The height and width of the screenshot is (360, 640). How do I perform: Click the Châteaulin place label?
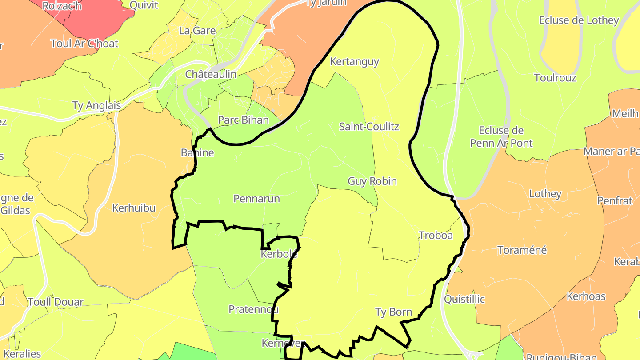211,74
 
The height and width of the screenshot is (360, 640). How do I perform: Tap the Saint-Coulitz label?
369,127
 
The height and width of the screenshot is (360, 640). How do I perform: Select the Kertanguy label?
354,61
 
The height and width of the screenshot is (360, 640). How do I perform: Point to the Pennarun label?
257,198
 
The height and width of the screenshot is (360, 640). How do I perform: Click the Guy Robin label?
372,181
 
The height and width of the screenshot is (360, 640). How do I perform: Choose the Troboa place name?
436,235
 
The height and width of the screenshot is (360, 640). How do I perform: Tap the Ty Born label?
394,312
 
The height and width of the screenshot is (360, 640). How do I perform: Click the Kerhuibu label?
134,208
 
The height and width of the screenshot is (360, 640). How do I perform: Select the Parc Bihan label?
243,120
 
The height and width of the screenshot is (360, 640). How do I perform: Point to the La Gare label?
197,31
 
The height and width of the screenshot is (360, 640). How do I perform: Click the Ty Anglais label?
96,106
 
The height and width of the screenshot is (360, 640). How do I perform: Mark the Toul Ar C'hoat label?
84,44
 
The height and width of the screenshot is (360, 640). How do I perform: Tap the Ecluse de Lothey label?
579,20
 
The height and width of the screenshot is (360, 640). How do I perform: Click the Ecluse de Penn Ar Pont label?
501,137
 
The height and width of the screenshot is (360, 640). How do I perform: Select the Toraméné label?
522,250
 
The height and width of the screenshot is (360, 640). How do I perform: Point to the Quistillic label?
464,299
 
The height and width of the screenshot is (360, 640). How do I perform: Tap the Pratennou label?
253,309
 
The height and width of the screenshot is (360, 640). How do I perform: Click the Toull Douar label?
56,302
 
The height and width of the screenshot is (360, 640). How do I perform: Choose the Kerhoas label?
586,296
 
